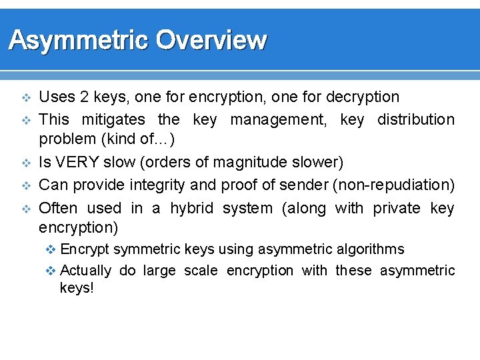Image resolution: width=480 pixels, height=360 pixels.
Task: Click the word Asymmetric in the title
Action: coord(77,41)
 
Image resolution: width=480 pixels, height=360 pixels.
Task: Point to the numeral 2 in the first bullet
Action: coord(85,97)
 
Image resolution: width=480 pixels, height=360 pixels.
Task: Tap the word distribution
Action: coord(415,120)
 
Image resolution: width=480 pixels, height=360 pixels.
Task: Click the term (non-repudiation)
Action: coord(393,185)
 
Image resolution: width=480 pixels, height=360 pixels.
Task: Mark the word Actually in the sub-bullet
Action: coord(85,271)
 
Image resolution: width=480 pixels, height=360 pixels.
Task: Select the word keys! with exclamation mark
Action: coord(77,289)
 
